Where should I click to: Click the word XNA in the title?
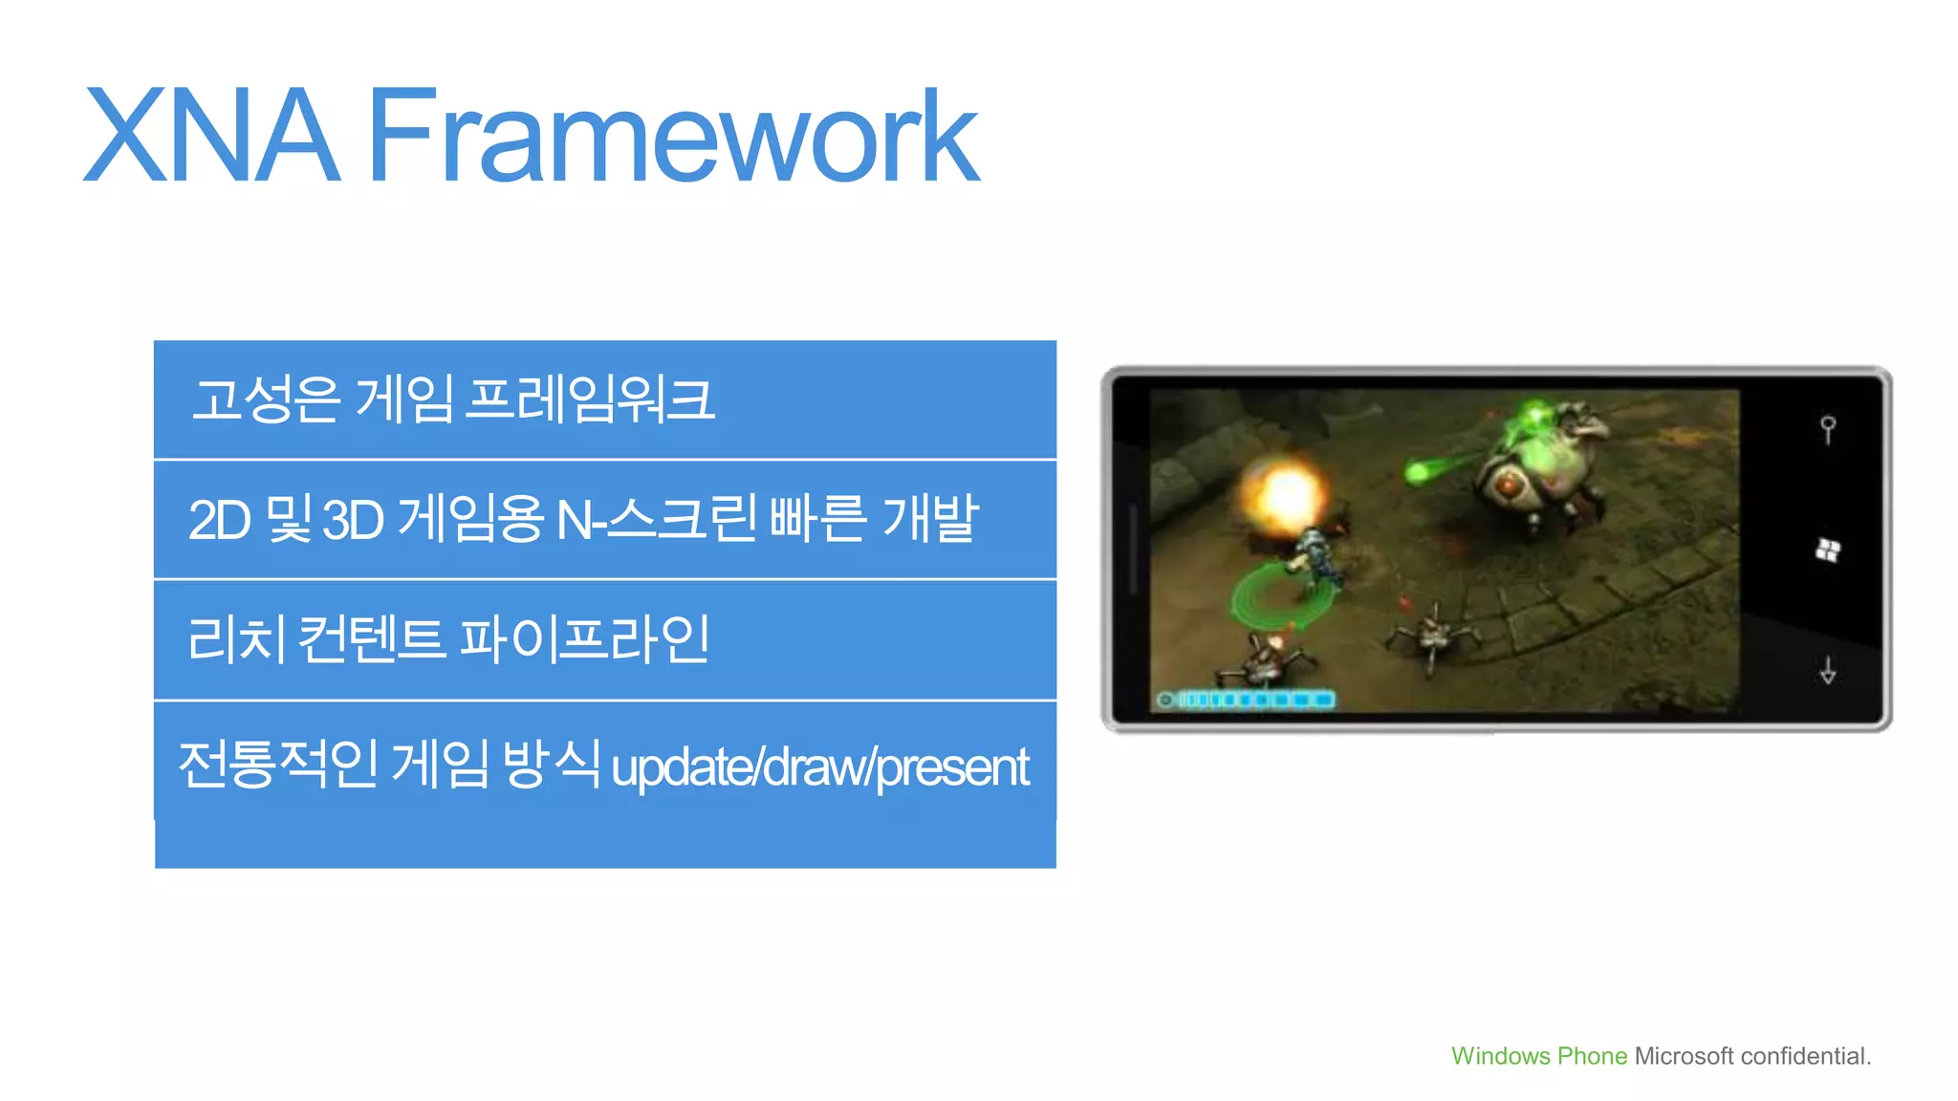point(212,136)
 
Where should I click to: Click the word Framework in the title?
point(673,136)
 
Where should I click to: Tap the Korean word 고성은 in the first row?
point(266,399)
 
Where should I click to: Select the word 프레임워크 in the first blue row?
point(589,399)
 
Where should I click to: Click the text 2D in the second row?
point(219,521)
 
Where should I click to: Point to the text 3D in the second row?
point(353,521)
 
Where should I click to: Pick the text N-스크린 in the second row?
point(657,521)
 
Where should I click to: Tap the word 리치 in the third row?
point(236,639)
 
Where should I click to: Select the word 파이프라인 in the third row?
point(585,639)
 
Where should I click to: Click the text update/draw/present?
point(819,767)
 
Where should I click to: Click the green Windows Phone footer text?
point(1538,1056)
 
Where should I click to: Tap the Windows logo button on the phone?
point(1828,550)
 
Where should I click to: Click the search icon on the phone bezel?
point(1828,429)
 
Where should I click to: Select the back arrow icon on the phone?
point(1828,671)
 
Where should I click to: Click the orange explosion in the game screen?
point(1286,493)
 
